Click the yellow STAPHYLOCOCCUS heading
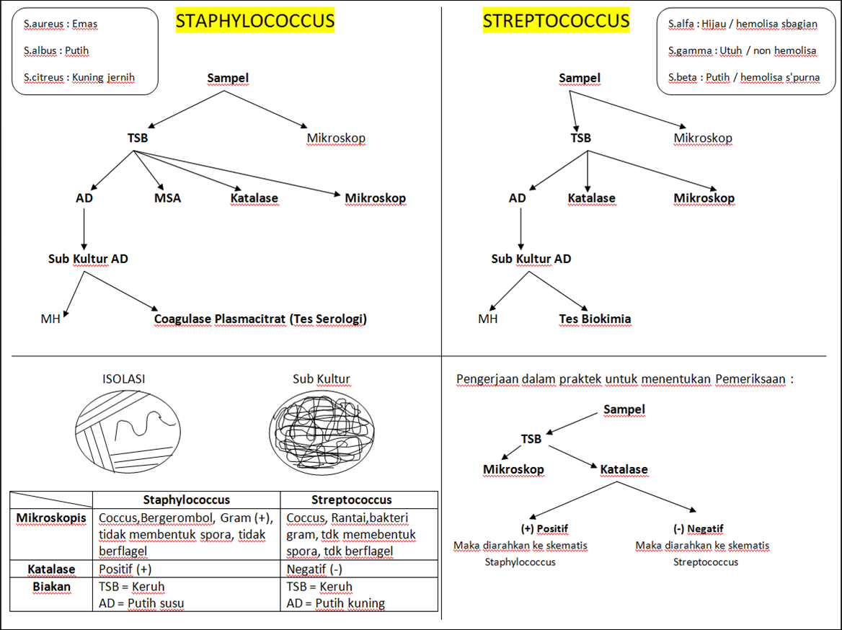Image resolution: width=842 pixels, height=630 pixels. [255, 22]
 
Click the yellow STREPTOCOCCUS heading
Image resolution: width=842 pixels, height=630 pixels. [556, 22]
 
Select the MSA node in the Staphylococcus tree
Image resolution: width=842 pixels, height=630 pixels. [167, 198]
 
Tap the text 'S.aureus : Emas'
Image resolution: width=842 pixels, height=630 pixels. [61, 24]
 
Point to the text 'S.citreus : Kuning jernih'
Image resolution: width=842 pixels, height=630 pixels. [79, 77]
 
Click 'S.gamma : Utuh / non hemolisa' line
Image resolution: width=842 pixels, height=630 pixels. [742, 50]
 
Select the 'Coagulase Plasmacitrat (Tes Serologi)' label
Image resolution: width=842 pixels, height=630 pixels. [260, 319]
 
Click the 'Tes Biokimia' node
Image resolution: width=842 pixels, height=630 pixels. [595, 319]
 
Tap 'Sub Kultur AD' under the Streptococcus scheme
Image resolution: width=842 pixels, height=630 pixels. [531, 259]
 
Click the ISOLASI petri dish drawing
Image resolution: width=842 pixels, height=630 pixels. [128, 431]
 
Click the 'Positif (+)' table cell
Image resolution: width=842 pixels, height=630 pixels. [124, 569]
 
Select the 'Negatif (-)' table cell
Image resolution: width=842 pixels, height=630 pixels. [314, 569]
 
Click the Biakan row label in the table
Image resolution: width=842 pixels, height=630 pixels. [51, 587]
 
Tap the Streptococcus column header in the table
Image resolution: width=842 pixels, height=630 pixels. [351, 500]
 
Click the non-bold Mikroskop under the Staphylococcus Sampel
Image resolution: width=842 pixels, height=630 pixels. [336, 138]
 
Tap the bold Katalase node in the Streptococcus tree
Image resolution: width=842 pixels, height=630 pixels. [591, 198]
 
